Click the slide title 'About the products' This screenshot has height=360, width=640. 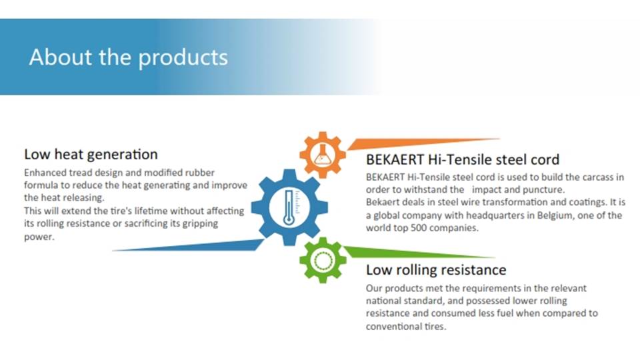(x=129, y=57)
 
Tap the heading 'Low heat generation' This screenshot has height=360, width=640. (x=91, y=154)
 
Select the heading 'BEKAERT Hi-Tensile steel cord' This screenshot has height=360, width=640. (x=463, y=159)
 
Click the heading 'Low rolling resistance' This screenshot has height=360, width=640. (x=436, y=270)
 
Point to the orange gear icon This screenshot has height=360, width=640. (x=323, y=155)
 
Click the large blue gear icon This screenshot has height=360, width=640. (x=289, y=207)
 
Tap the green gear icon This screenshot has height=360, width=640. (x=323, y=260)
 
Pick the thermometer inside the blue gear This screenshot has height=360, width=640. (x=289, y=207)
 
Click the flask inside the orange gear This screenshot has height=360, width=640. (x=322, y=155)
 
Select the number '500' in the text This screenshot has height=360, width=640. (x=418, y=228)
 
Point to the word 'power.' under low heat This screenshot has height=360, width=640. (x=39, y=237)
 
